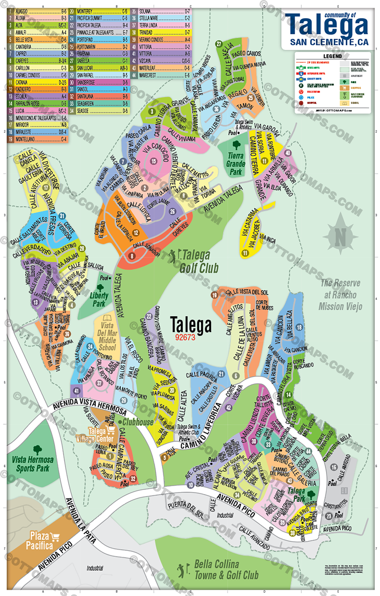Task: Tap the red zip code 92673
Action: tap(185, 337)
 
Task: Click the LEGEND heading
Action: tap(332, 56)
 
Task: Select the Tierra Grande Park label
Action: tap(236, 163)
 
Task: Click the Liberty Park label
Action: tap(99, 299)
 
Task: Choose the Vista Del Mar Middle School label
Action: tap(107, 336)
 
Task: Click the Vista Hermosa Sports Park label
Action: tap(32, 464)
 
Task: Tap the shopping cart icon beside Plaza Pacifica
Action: tap(55, 537)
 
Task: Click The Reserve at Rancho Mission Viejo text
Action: tap(340, 295)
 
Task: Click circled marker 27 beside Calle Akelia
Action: tap(218, 44)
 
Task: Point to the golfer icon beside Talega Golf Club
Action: tap(173, 256)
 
